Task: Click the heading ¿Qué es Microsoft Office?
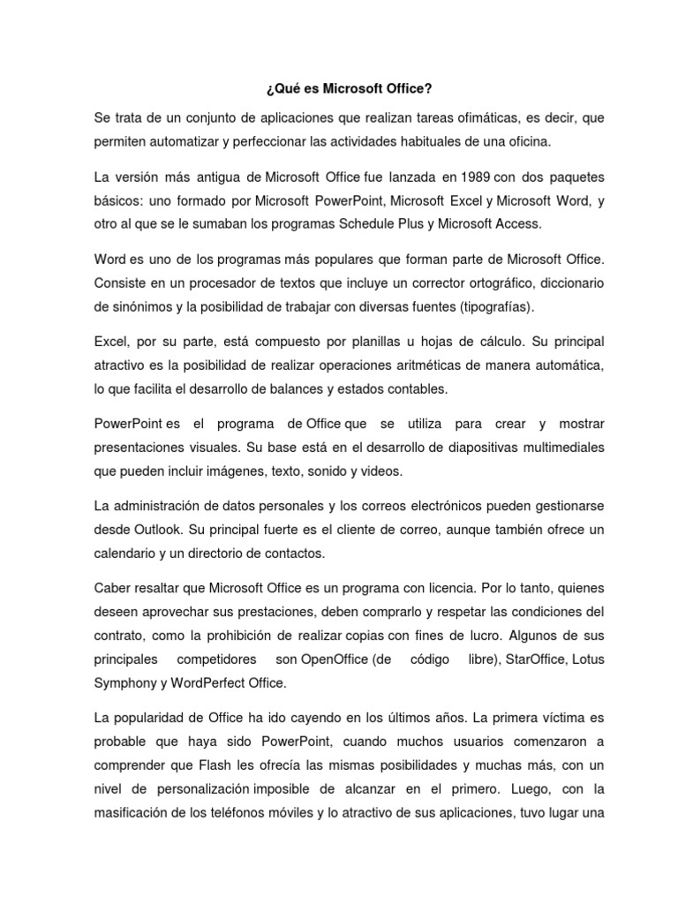(x=338, y=88)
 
